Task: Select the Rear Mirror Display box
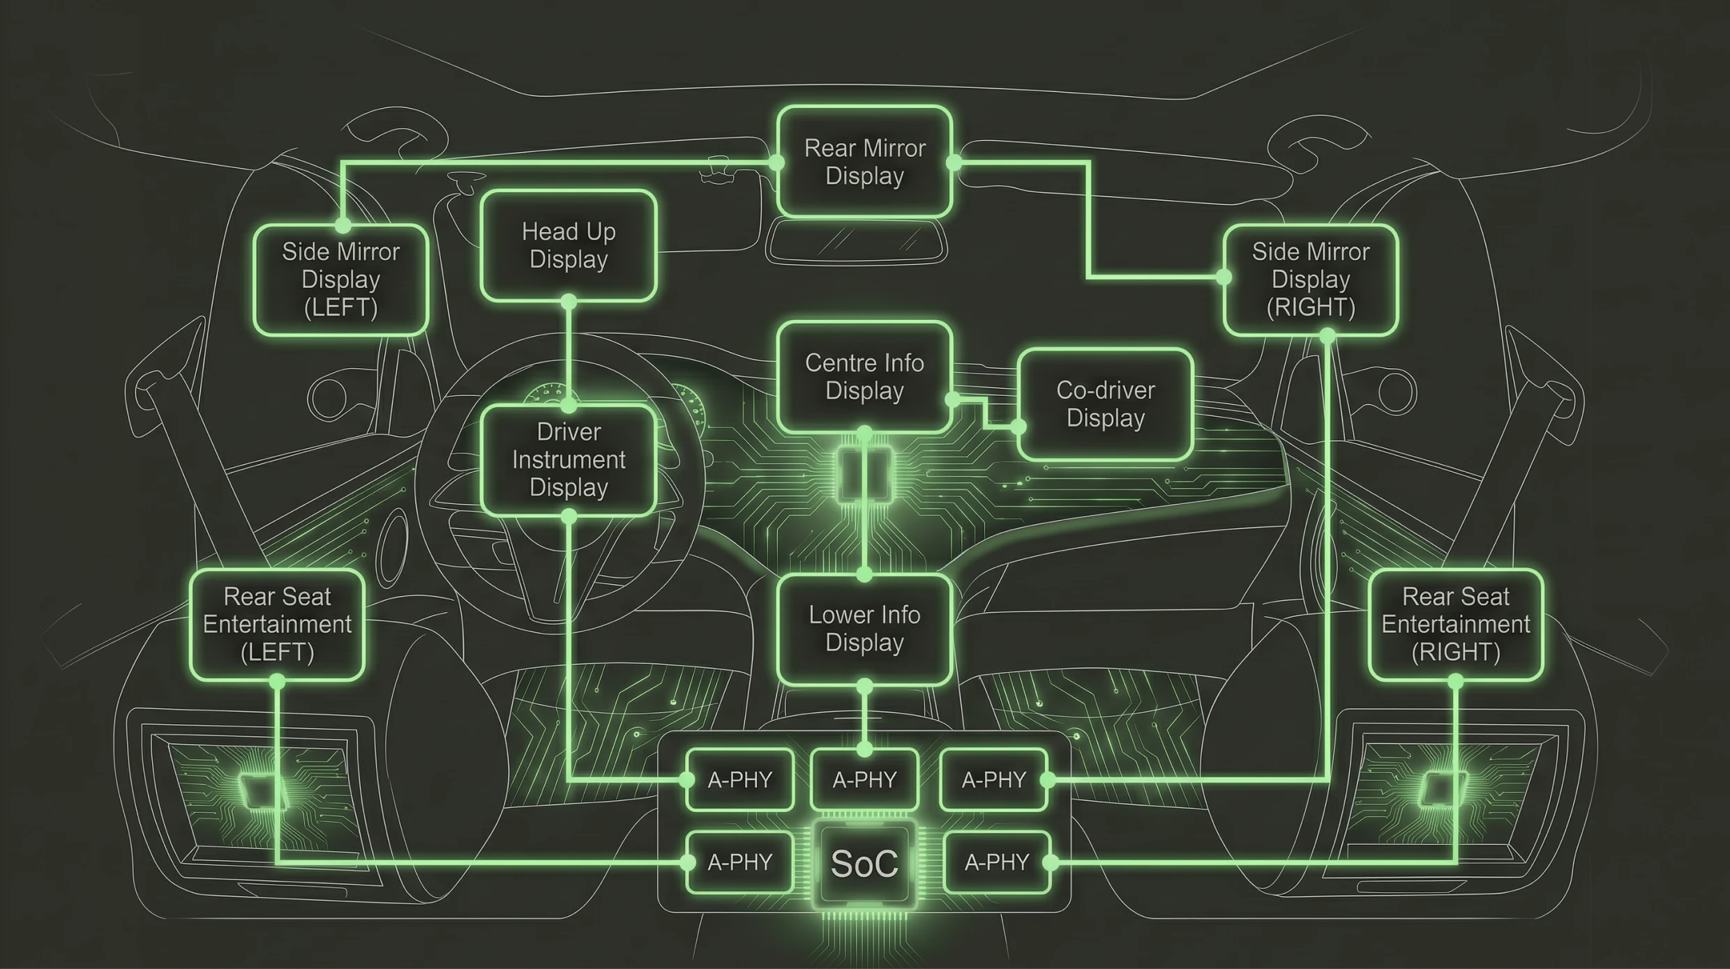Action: (x=864, y=162)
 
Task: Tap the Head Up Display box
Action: (x=569, y=245)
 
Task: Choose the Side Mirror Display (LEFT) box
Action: (x=340, y=280)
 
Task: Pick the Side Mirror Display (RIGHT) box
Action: (x=1310, y=280)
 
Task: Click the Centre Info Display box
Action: (x=864, y=376)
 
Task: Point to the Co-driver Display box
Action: (x=1105, y=404)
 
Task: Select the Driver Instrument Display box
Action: (x=569, y=460)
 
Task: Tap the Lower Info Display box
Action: (x=864, y=629)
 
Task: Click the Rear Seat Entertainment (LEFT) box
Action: (x=277, y=625)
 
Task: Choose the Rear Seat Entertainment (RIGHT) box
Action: (x=1455, y=625)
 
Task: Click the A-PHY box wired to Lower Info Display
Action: (x=864, y=779)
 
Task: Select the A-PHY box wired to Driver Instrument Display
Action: (x=739, y=779)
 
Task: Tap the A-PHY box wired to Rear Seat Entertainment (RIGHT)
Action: (x=996, y=863)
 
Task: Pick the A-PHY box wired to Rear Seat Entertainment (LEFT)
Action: (x=739, y=863)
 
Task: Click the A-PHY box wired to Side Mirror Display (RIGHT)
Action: (x=993, y=779)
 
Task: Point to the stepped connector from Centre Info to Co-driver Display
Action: (x=985, y=413)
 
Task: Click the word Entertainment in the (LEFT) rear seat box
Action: (x=277, y=625)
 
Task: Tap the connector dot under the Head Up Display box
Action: (x=569, y=302)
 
